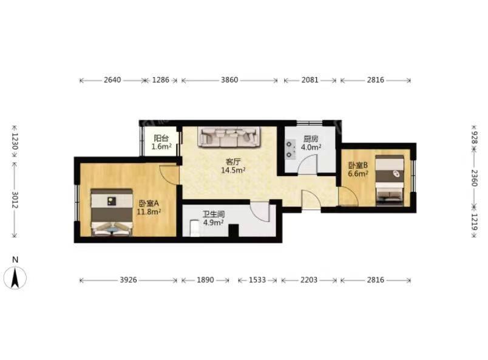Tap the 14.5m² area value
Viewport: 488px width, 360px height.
point(234,170)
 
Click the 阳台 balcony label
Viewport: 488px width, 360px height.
point(161,138)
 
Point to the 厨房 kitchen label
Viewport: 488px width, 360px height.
point(311,139)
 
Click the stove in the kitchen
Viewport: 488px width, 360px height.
point(290,149)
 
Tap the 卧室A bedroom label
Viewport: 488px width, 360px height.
point(149,203)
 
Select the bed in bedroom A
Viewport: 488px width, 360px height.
point(112,212)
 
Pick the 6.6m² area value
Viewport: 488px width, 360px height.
point(358,174)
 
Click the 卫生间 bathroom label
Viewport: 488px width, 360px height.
point(214,214)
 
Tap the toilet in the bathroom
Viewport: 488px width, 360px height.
point(194,228)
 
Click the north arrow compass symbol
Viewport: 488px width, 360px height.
point(15,274)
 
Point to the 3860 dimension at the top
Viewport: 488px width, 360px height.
point(229,80)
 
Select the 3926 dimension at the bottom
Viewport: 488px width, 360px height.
point(128,280)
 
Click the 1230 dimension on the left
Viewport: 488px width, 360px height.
point(15,141)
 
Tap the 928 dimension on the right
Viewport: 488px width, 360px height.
point(474,137)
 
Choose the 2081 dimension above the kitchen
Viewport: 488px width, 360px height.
point(310,80)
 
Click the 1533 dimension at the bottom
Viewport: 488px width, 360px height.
point(257,280)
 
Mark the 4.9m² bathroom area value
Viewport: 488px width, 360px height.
point(213,222)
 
